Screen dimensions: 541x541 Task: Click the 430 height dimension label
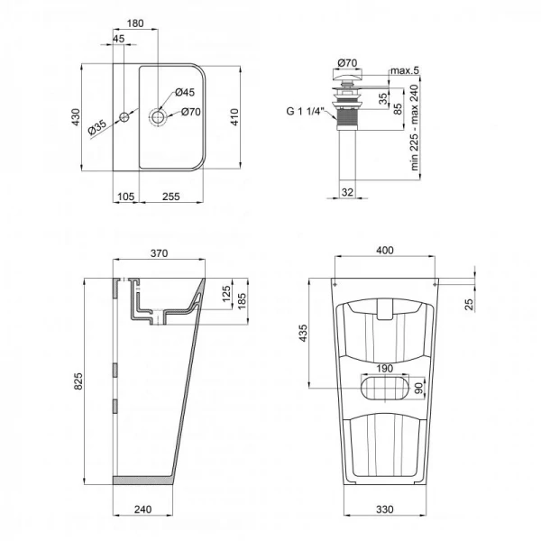pyautogui.click(x=77, y=117)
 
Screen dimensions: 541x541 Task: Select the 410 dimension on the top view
pyautogui.click(x=236, y=117)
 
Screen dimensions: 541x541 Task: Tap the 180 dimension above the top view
pyautogui.click(x=161, y=23)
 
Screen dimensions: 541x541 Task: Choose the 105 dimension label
pyautogui.click(x=125, y=197)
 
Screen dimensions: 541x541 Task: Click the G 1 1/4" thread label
pyautogui.click(x=306, y=113)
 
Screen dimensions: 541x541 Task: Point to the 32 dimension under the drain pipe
pyautogui.click(x=347, y=190)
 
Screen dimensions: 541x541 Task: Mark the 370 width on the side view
pyautogui.click(x=159, y=254)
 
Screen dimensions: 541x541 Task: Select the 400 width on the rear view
pyautogui.click(x=384, y=249)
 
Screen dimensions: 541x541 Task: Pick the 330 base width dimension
pyautogui.click(x=384, y=509)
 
